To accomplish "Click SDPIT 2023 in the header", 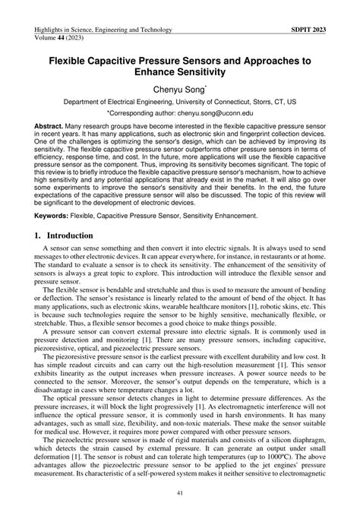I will click(x=311, y=30).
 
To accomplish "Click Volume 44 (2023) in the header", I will click(x=62, y=39).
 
